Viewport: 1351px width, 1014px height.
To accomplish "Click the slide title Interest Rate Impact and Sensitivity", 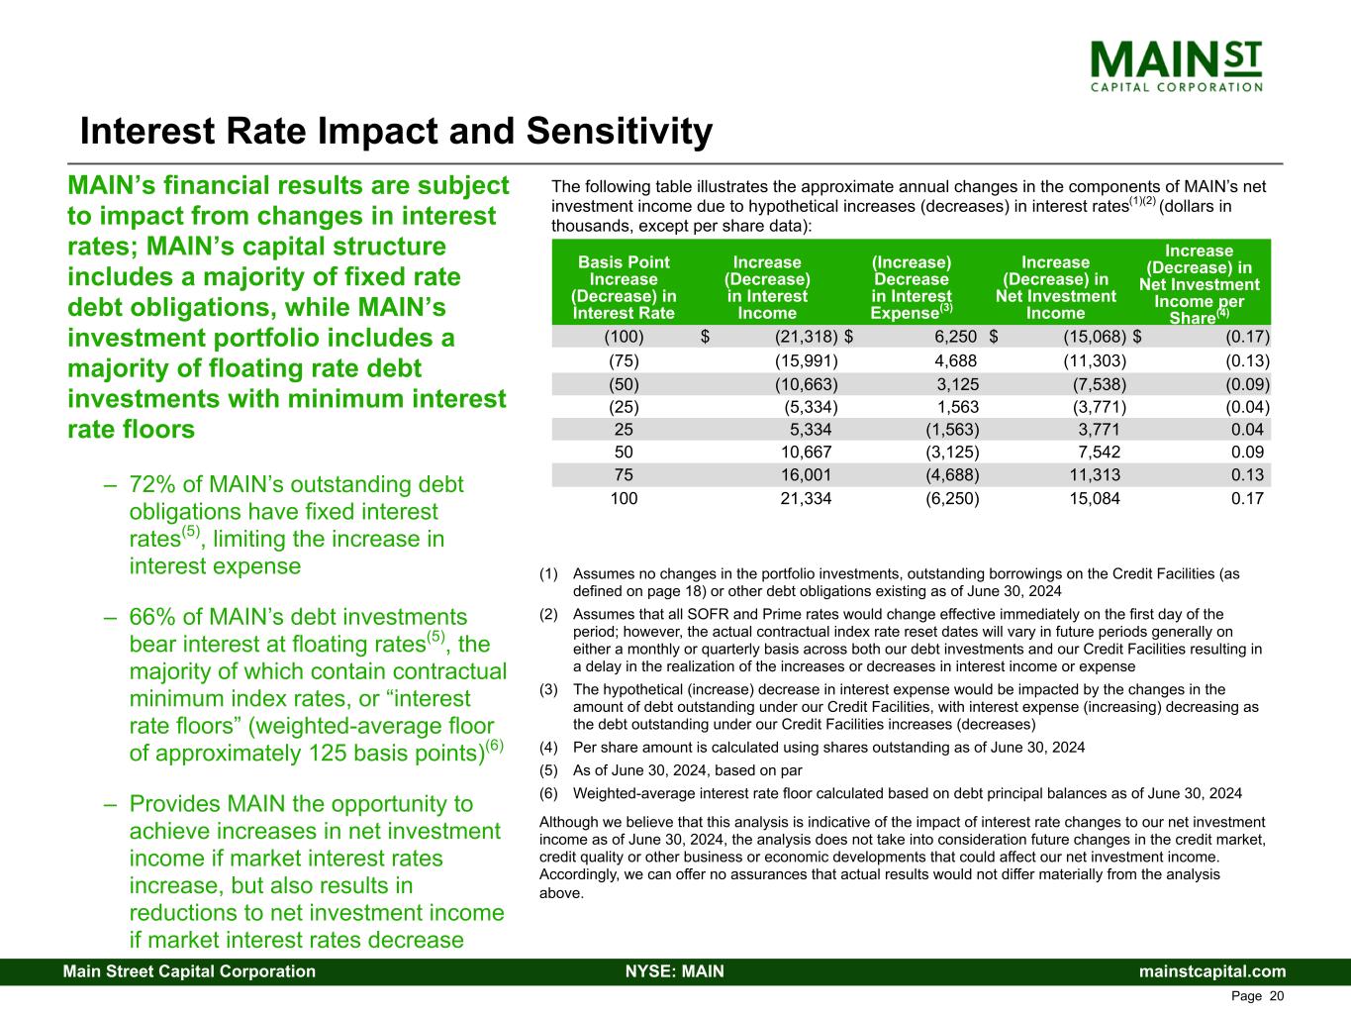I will (396, 132).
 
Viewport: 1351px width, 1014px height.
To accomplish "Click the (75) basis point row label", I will (624, 360).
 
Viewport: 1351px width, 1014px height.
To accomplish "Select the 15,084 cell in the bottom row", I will (1095, 498).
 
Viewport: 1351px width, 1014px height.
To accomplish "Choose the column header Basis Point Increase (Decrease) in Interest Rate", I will (624, 287).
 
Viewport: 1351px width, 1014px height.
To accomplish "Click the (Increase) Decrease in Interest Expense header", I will (911, 287).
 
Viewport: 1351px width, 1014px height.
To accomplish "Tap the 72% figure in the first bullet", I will (152, 485).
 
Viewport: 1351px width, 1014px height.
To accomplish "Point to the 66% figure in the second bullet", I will (152, 617).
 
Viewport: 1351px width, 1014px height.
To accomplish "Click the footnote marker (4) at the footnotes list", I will (549, 748).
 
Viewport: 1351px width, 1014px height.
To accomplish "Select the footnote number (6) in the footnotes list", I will (549, 793).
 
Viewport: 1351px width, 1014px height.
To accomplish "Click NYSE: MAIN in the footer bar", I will (675, 971).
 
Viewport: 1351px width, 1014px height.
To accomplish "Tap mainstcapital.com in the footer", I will (1212, 971).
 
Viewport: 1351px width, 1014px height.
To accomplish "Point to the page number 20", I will (1276, 996).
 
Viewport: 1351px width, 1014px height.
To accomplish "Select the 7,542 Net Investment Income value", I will (1099, 453).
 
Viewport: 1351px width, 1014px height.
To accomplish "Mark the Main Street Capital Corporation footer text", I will (189, 971).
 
